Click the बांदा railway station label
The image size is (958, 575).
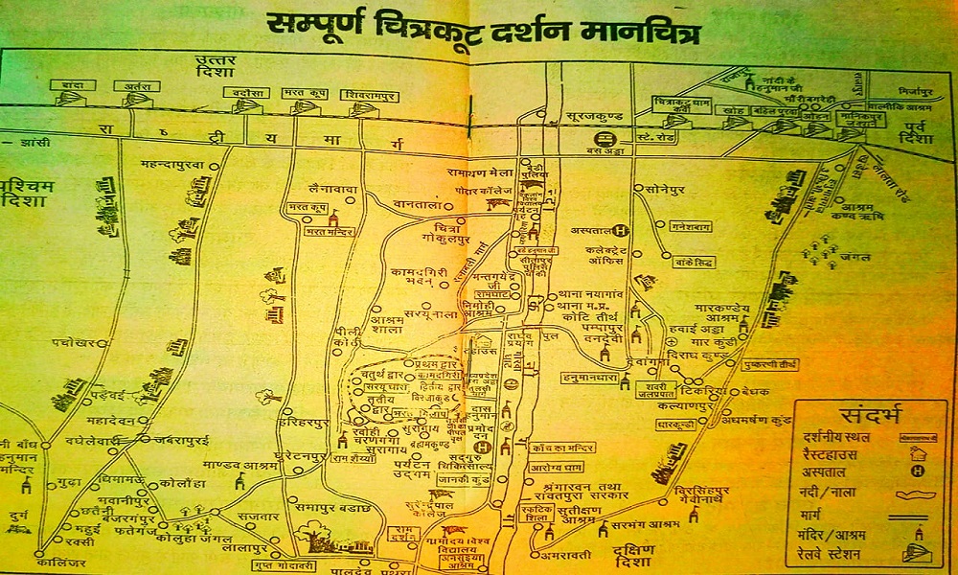coord(74,86)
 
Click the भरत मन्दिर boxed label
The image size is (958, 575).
coord(323,232)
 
